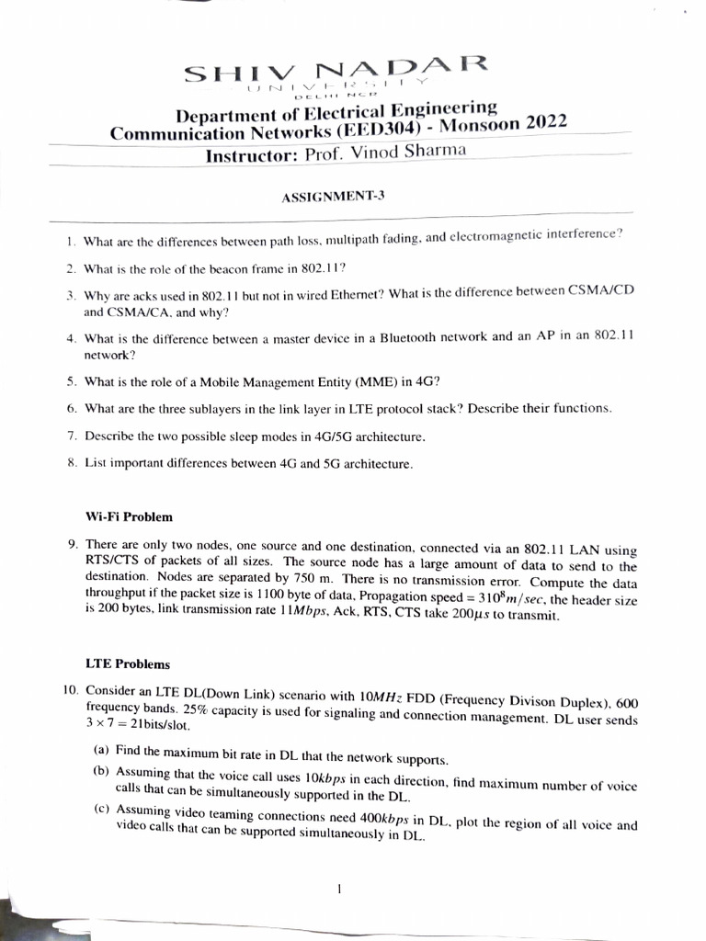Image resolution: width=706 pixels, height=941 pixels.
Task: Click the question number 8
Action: click(71, 463)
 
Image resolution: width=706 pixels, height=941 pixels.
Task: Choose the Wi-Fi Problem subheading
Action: click(129, 516)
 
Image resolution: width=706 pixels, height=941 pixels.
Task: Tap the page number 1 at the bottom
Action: click(340, 889)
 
